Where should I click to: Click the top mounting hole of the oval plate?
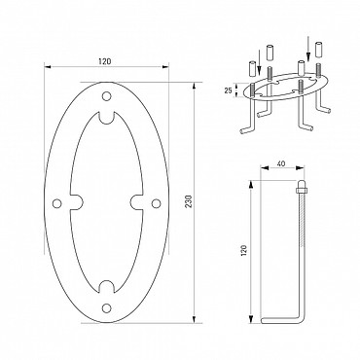[x=106, y=96]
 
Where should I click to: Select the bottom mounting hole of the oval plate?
[x=106, y=307]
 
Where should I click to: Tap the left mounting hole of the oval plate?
[x=57, y=203]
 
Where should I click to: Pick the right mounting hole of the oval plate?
[x=156, y=203]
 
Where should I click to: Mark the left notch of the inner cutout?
[x=77, y=202]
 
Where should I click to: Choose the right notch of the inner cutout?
[x=136, y=202]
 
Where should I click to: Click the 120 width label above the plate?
[x=104, y=61]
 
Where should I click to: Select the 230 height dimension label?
[x=190, y=201]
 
